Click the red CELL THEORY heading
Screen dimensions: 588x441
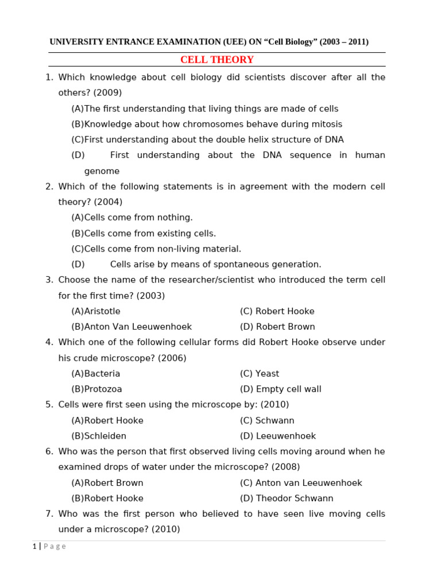216,60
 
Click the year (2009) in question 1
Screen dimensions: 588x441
107,92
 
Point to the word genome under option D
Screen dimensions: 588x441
102,171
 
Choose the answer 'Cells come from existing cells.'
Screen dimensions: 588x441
150,233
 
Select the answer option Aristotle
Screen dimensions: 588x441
102,311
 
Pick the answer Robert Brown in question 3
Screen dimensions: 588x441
285,327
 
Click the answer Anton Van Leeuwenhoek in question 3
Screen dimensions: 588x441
138,327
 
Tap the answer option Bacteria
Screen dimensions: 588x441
102,374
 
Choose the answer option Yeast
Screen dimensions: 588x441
268,374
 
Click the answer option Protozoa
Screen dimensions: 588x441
103,389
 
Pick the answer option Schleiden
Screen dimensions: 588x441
105,436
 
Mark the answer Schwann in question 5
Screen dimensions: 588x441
274,420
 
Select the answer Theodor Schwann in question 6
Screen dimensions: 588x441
294,498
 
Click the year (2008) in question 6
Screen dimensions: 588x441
285,467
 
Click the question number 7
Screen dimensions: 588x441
49,514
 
